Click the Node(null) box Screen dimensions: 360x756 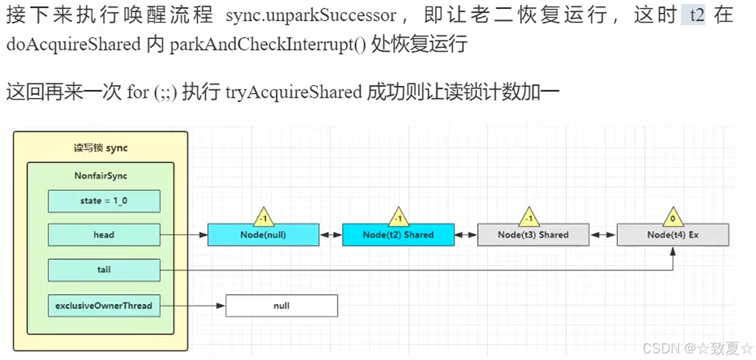(263, 235)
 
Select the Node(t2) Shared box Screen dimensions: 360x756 (398, 235)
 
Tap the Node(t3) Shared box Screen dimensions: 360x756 (533, 235)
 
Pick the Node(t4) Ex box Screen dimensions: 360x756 (672, 235)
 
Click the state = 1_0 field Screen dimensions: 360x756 (104, 201)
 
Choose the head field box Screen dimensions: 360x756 (104, 235)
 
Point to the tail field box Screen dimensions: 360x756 (104, 269)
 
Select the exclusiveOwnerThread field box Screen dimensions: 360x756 (104, 305)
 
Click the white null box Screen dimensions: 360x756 (281, 305)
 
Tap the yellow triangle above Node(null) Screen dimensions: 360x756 (263, 216)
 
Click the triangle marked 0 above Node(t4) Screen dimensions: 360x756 (672, 216)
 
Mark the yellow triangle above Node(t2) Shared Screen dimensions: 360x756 (398, 216)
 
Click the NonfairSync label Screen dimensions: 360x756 (100, 176)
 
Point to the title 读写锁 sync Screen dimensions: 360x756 (100, 148)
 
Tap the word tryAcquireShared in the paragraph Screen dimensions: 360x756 (294, 92)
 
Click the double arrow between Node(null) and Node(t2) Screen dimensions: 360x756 (331, 235)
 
